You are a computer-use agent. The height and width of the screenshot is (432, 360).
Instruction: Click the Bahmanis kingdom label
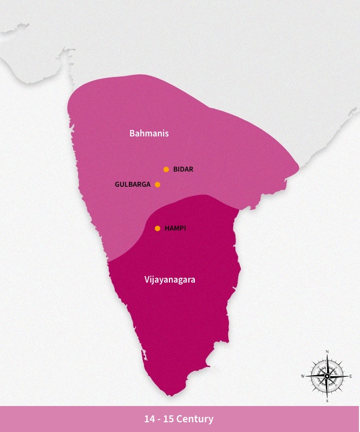(x=149, y=133)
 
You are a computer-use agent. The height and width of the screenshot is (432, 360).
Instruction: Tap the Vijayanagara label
(x=170, y=280)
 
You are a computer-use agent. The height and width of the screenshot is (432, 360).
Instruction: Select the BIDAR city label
(x=183, y=169)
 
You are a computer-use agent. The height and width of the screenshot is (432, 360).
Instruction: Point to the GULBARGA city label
(x=133, y=185)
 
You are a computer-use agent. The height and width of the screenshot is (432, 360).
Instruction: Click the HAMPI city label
(x=175, y=228)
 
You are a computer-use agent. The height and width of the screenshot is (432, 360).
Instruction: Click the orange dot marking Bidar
(x=166, y=169)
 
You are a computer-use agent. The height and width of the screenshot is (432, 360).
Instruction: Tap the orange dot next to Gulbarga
(x=158, y=185)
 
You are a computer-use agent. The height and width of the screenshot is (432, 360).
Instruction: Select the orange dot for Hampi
(x=158, y=228)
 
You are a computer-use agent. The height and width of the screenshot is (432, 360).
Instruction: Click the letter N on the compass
(x=327, y=351)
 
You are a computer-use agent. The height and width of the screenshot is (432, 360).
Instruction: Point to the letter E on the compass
(x=351, y=376)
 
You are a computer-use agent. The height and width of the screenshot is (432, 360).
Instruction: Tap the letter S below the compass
(x=327, y=401)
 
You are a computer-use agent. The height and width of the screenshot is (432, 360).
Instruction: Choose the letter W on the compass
(x=303, y=376)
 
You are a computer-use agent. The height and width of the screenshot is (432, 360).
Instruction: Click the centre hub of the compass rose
(x=327, y=376)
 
